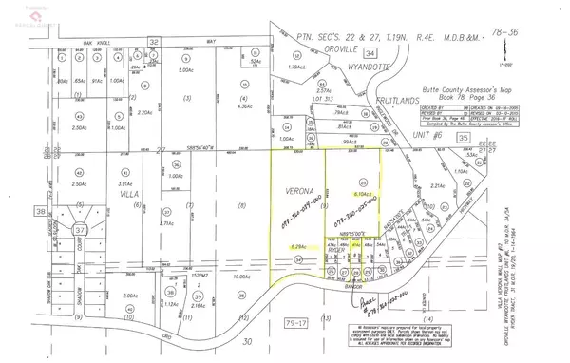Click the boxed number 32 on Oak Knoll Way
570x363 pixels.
153,42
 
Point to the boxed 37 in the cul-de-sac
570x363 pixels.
54,230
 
